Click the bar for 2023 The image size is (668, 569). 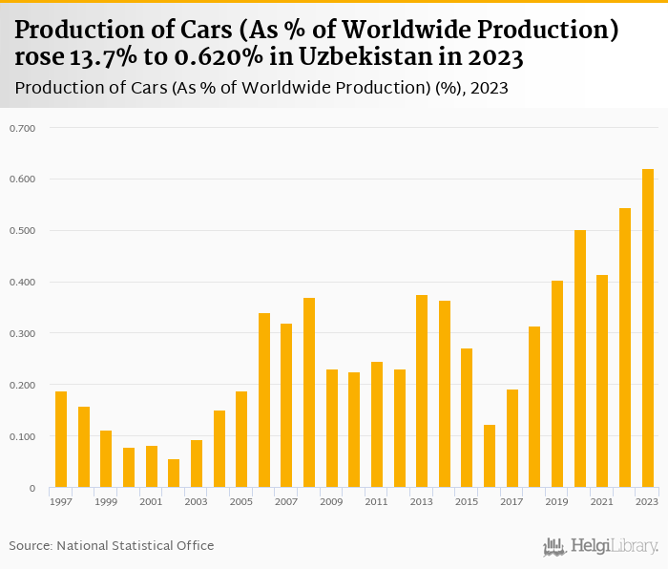click(x=648, y=328)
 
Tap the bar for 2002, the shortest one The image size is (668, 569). click(x=174, y=474)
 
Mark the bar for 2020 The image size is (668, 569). click(x=580, y=359)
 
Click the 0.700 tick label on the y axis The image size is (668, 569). click(x=22, y=128)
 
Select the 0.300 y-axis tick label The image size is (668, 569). click(x=22, y=333)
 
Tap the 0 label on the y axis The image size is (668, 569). click(x=31, y=488)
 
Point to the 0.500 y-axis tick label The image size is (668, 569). click(x=22, y=231)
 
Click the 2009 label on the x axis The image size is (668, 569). click(x=331, y=501)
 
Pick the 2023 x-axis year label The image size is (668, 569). click(x=647, y=501)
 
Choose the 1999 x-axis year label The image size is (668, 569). click(x=106, y=501)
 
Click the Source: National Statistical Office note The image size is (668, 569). click(x=112, y=546)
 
